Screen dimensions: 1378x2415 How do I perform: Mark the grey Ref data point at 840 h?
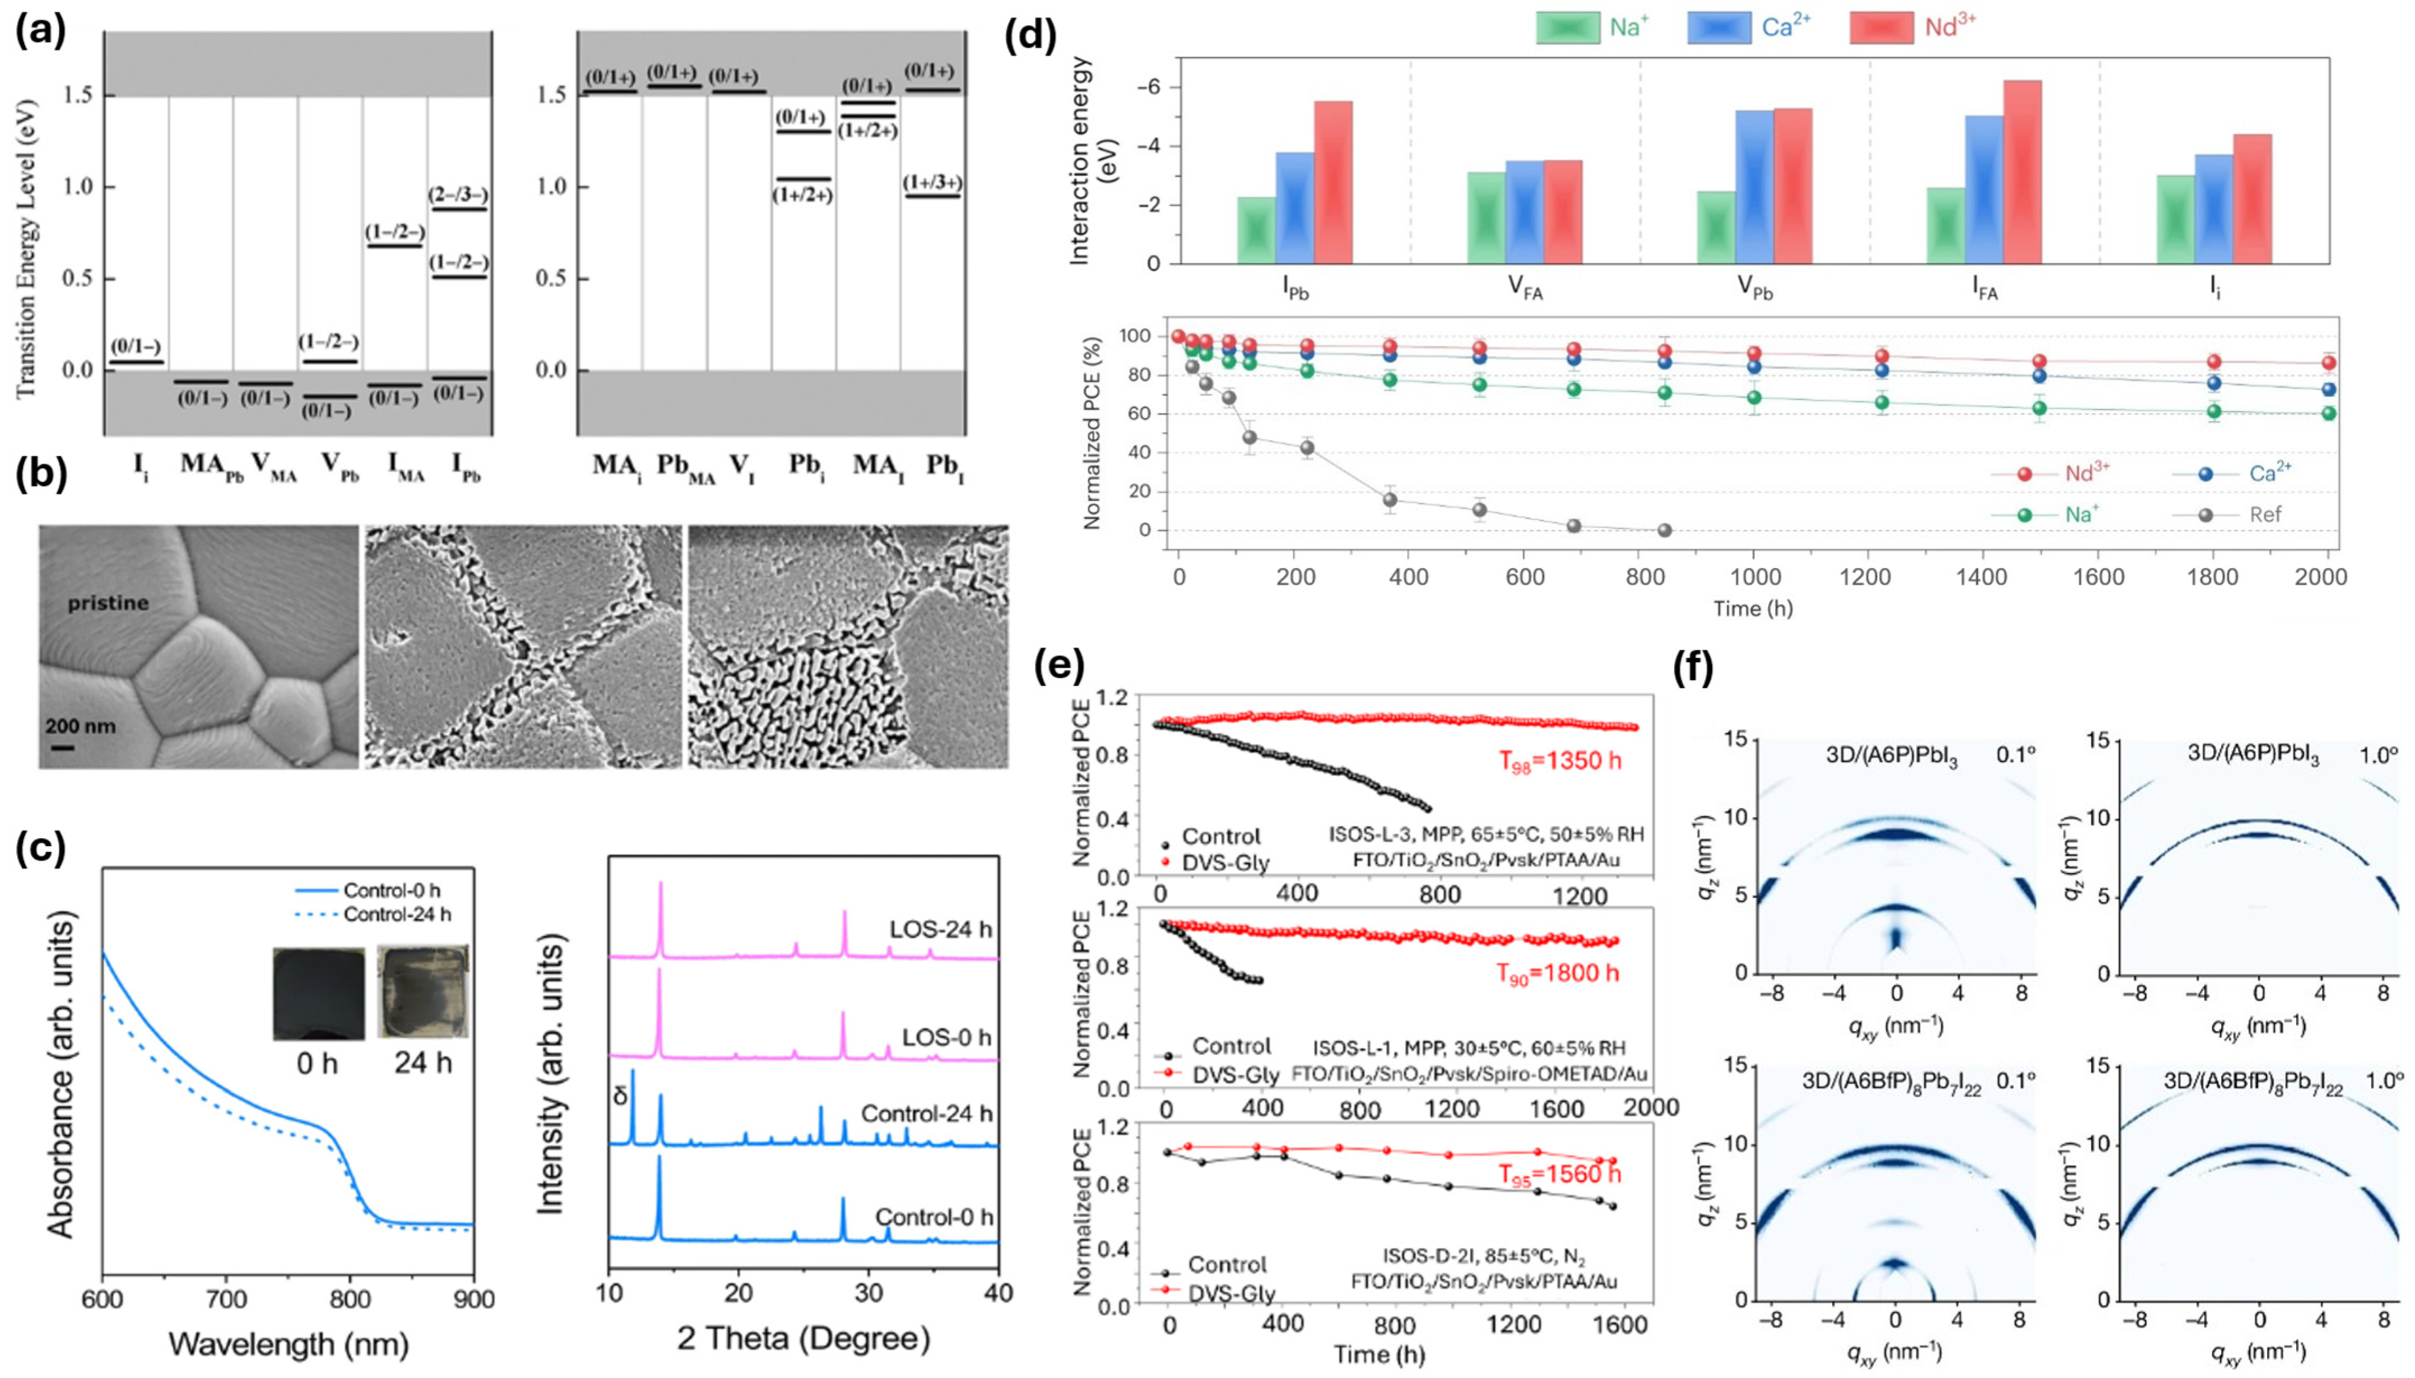[1665, 530]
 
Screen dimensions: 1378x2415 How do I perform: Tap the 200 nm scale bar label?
[81, 727]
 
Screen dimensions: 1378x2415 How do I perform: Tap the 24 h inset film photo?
[422, 992]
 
